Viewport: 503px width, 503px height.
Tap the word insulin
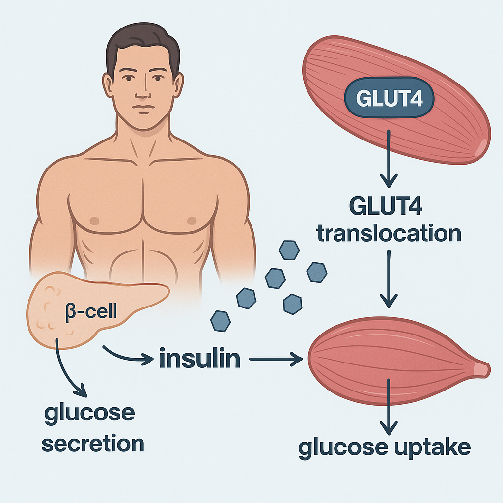[200, 360]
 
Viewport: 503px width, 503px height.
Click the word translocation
[389, 233]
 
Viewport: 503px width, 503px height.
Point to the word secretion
[93, 444]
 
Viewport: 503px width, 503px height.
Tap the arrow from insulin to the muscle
[276, 361]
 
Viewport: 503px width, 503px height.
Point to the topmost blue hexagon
[289, 250]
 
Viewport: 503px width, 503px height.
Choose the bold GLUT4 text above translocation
[389, 206]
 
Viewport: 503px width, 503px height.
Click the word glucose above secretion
[89, 413]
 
